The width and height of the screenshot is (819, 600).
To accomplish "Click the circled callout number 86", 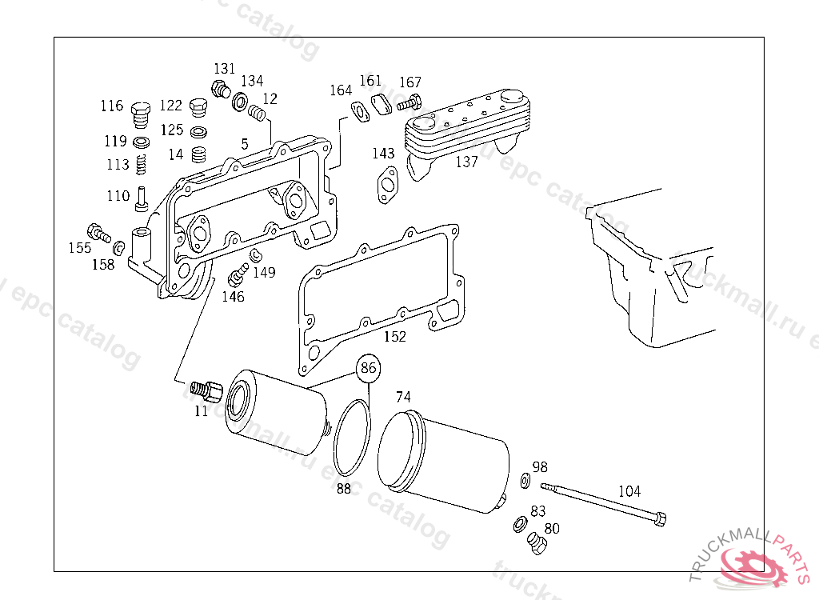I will pos(368,369).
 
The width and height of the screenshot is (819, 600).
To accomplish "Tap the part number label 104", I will pos(629,492).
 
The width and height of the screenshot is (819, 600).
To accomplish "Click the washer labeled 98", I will pos(525,480).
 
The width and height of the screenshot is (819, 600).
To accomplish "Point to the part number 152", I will pos(395,337).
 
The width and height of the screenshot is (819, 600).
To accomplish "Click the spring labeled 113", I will pos(142,166).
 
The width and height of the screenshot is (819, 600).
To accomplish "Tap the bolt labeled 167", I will pos(408,102).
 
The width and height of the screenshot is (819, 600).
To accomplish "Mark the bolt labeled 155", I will pos(98,232).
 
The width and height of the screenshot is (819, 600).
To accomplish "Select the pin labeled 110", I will pos(142,197).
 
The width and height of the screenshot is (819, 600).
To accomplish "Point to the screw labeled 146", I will pos(236,276).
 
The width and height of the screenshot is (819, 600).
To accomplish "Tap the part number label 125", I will pos(171,130).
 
